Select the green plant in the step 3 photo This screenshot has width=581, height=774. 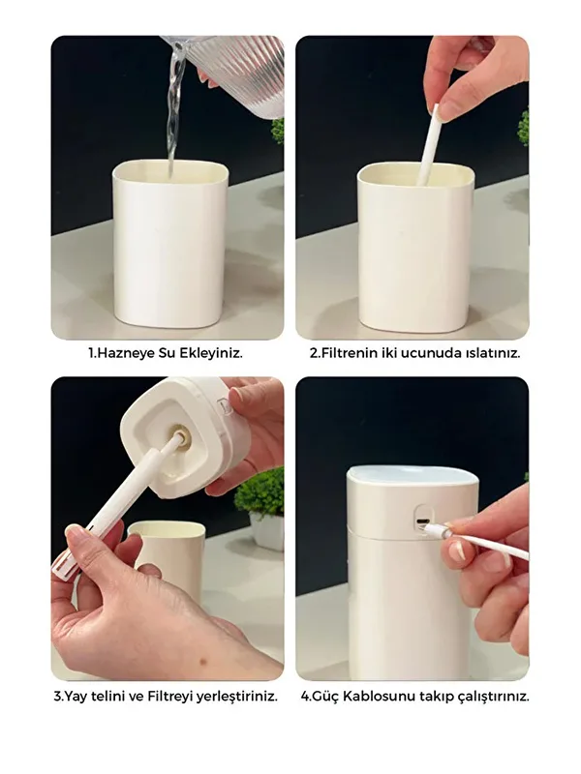260,493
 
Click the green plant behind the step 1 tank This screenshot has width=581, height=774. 278,130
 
